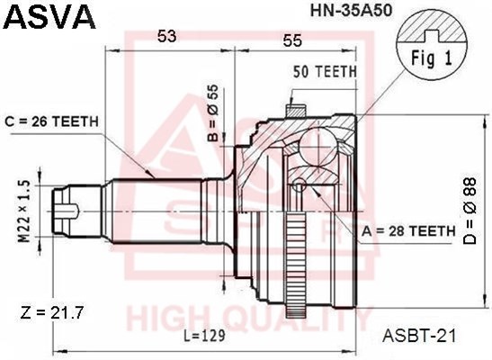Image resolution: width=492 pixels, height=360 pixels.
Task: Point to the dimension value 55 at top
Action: click(293, 41)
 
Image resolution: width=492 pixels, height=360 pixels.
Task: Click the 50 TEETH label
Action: click(325, 72)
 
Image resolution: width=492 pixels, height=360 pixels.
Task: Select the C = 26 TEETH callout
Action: click(51, 121)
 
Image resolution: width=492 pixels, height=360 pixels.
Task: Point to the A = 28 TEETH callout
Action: click(408, 231)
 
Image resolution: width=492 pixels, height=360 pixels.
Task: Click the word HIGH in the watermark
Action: click(167, 319)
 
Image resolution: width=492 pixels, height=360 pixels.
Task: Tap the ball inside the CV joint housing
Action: click(315, 144)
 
